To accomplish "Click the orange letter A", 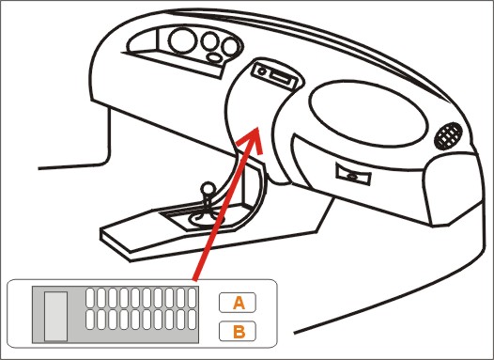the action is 239,303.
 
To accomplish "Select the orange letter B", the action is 239,332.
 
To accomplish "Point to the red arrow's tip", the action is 257,127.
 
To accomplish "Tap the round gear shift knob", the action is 208,189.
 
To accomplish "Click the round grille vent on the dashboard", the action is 448,136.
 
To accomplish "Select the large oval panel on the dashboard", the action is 368,113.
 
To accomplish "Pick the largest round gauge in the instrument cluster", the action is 183,41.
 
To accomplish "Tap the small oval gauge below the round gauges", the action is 215,57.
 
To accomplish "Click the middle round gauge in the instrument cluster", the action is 209,41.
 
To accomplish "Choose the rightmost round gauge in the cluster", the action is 230,47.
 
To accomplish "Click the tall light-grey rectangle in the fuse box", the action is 55,316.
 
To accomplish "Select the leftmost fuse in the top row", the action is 90,298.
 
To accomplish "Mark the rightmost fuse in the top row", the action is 192,298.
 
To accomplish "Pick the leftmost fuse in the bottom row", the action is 90,320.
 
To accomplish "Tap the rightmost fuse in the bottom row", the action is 192,320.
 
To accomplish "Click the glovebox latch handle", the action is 353,174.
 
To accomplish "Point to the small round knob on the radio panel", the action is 262,70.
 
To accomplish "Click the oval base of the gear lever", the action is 207,219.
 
